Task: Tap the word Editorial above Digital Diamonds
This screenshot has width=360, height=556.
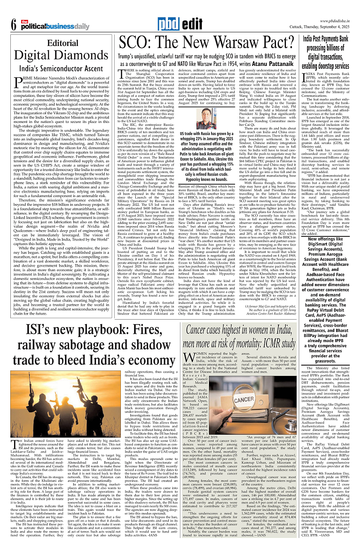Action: [x=62, y=43]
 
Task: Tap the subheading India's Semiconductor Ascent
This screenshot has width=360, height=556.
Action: [x=62, y=68]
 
